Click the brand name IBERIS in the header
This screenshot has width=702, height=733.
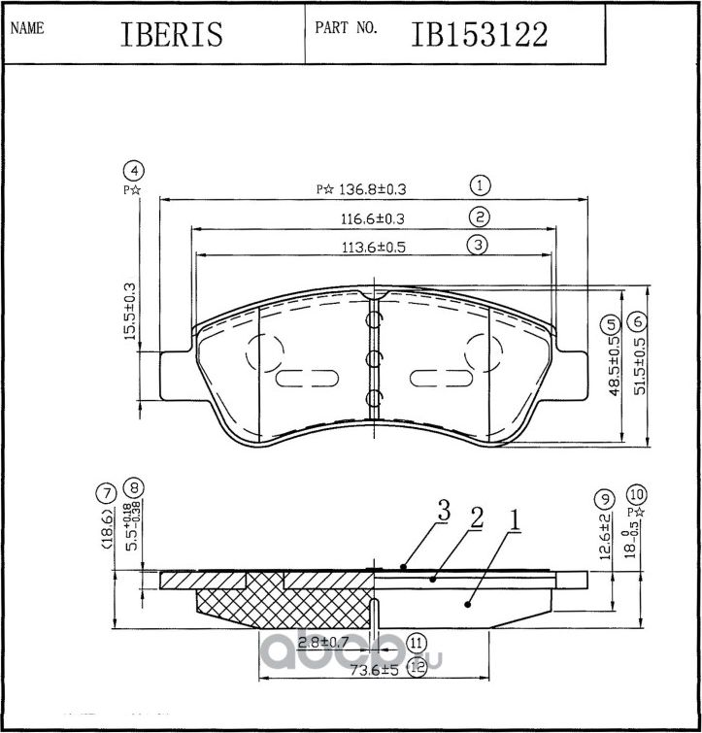coord(172,34)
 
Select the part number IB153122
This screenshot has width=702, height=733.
coord(480,34)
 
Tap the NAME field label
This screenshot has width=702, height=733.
coord(26,28)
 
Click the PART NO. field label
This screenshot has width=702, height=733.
coord(346,28)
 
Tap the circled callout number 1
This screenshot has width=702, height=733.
coord(479,184)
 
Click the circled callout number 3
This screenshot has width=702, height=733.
coord(478,245)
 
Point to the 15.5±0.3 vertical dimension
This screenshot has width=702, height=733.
coord(128,311)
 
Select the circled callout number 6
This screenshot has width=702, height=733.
coord(637,322)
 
